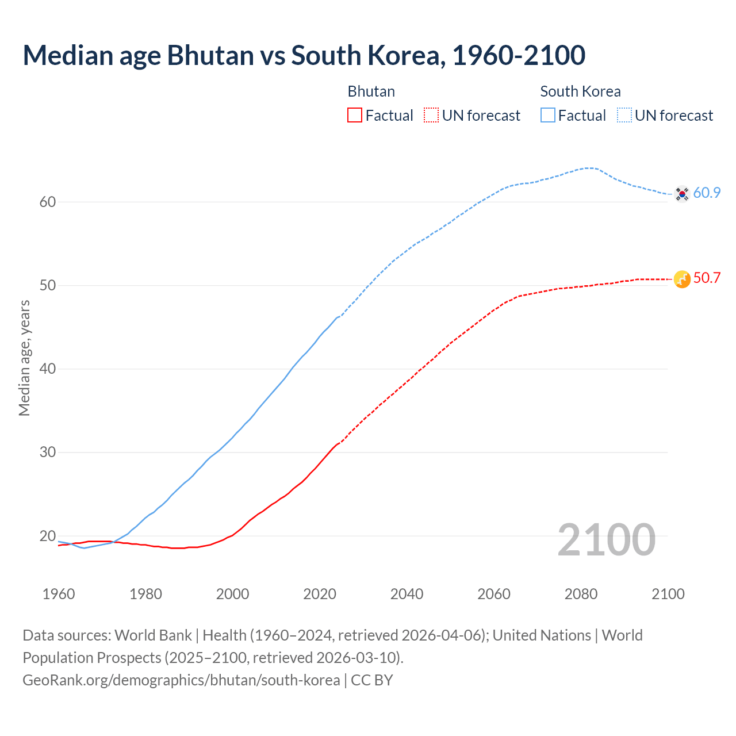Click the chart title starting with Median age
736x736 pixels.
pos(304,55)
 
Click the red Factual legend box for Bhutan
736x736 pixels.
pos(355,116)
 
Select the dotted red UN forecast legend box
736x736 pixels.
pos(431,116)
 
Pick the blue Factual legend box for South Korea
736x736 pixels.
pos(548,116)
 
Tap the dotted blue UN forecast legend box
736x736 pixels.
pos(624,116)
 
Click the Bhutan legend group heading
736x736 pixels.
pos(371,91)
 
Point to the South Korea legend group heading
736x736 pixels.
pos(580,91)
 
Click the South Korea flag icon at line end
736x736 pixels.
pos(682,194)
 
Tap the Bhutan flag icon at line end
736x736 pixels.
pos(682,279)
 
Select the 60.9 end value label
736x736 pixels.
pos(707,193)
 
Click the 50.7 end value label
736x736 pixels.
pos(707,278)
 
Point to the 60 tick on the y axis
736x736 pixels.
pos(48,202)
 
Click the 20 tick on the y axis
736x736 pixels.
pos(48,536)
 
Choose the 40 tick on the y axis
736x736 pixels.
pos(48,369)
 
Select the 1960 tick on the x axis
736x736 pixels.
pos(59,594)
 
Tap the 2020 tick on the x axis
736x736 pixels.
pos(320,594)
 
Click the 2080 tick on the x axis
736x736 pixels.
pos(581,594)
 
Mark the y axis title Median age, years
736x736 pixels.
pos(24,358)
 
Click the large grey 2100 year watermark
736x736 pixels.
pos(606,540)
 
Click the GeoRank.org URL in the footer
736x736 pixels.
pos(181,680)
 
